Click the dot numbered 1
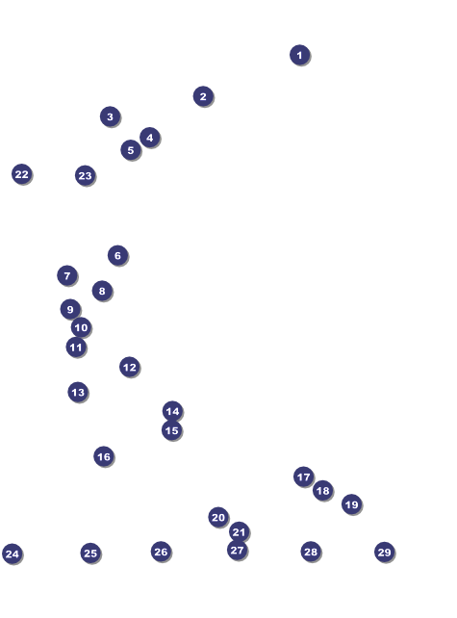point(300,55)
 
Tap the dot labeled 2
point(203,96)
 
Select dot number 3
point(111,116)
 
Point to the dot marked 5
point(131,150)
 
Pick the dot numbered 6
point(117,255)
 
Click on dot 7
point(67,275)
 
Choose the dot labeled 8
point(102,291)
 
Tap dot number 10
point(81,327)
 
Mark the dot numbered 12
point(130,368)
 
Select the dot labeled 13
point(78,392)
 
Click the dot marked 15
point(172,430)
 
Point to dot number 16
point(104,456)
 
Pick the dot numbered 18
point(323,491)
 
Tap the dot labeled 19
point(352,504)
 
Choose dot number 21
point(240,532)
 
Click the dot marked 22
point(22,174)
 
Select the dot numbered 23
point(86,176)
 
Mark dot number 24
point(13,554)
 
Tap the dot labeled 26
point(161,552)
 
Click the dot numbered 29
point(385,553)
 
